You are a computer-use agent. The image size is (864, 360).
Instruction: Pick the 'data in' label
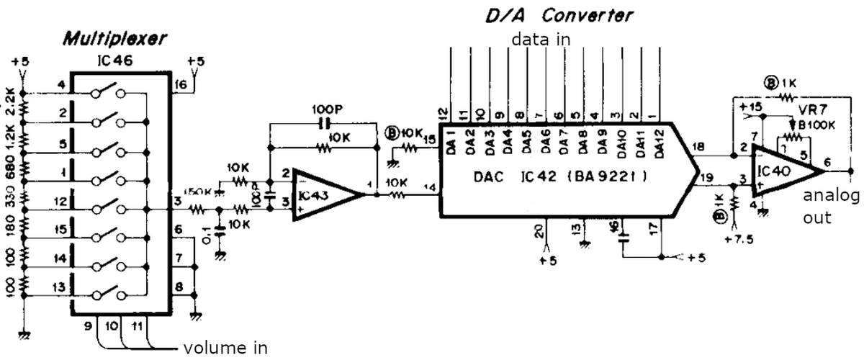[x=541, y=39]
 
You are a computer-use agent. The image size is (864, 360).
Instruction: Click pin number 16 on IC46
[x=181, y=85]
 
